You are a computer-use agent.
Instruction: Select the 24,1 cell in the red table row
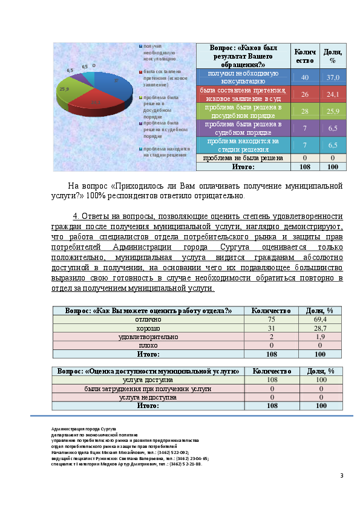pyautogui.click(x=332, y=94)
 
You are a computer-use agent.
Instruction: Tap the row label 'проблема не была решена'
pyautogui.click(x=243, y=158)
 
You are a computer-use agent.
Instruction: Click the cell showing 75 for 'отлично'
pyautogui.click(x=272, y=319)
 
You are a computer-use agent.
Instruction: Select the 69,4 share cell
pyautogui.click(x=320, y=319)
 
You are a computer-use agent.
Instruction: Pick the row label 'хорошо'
pyautogui.click(x=148, y=328)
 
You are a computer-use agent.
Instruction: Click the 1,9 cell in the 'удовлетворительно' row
pyautogui.click(x=320, y=336)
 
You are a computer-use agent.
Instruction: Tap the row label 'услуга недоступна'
pyautogui.click(x=148, y=397)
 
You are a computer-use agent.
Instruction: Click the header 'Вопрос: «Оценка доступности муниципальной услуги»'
pyautogui.click(x=148, y=371)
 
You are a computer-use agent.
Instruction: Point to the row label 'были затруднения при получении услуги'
pyautogui.click(x=148, y=389)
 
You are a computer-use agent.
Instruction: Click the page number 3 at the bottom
pyautogui.click(x=341, y=476)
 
